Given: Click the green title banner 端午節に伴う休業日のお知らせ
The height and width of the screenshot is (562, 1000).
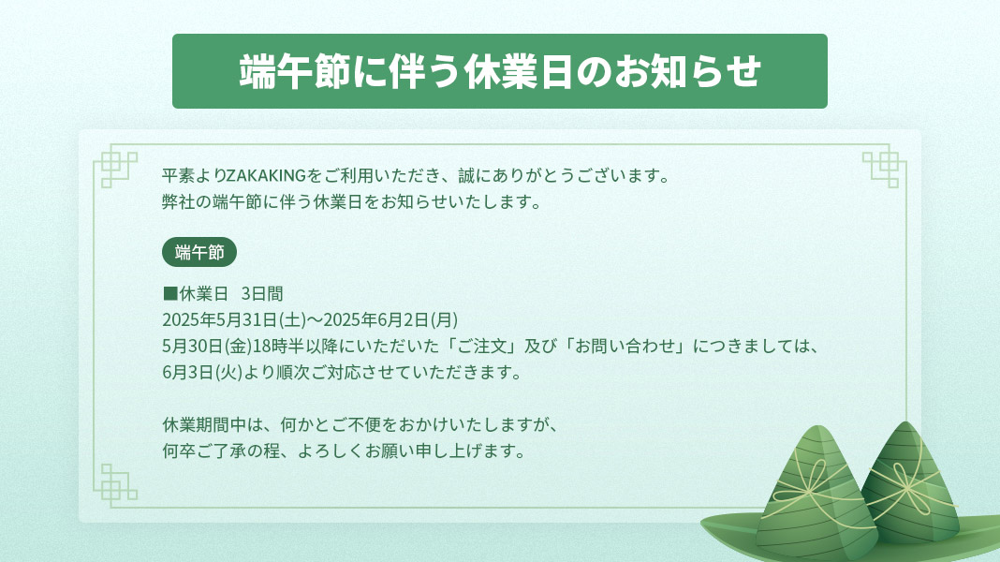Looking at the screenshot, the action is pyautogui.click(x=499, y=71).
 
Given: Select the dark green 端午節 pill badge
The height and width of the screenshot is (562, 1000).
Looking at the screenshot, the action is pyautogui.click(x=199, y=252).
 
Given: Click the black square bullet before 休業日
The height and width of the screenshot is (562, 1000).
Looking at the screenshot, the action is pyautogui.click(x=170, y=293).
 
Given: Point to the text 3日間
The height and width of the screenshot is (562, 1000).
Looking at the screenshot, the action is pyautogui.click(x=262, y=293).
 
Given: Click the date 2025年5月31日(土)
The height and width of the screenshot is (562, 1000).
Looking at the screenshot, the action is pyautogui.click(x=234, y=319).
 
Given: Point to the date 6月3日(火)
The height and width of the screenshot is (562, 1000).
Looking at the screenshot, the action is pyautogui.click(x=202, y=372).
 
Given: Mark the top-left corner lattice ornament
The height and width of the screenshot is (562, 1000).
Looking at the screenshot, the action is pyautogui.click(x=115, y=166).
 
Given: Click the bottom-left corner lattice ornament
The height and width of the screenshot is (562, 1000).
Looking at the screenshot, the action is pyautogui.click(x=115, y=486).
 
